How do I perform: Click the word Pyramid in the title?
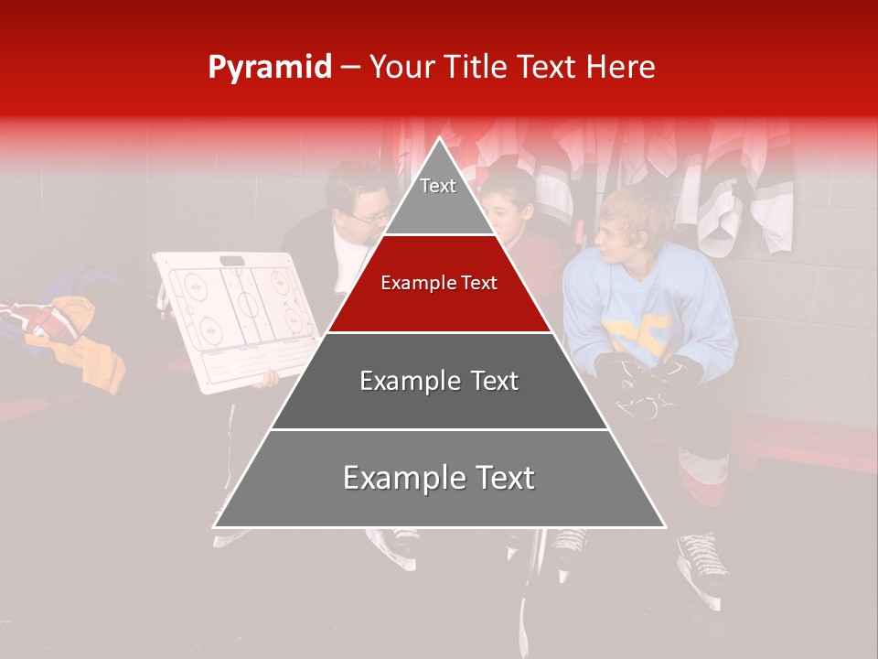(270, 68)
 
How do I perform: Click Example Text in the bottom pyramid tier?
(439, 478)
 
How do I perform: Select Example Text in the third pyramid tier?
(439, 381)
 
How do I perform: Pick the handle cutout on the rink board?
(234, 261)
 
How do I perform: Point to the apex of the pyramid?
(440, 140)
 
